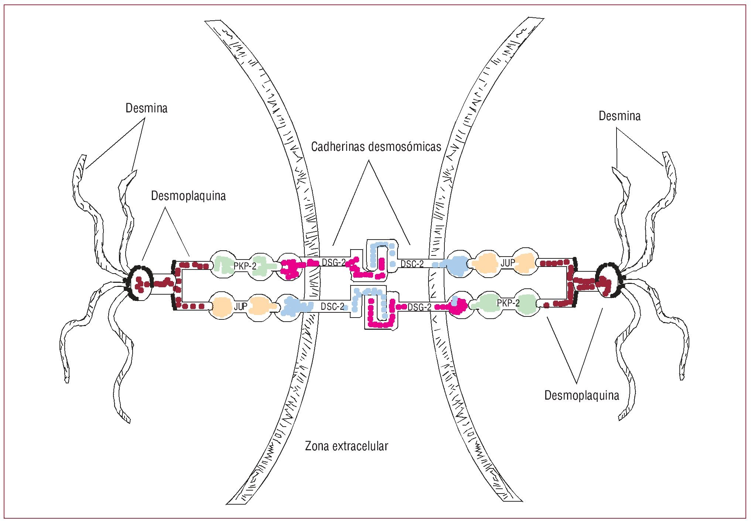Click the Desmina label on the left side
click(x=146, y=108)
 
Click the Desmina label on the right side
click(x=619, y=116)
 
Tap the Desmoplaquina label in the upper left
click(x=188, y=196)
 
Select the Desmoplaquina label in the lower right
click(x=581, y=396)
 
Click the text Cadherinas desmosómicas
click(x=376, y=147)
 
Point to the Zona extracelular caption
click(x=347, y=446)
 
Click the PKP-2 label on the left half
click(x=245, y=266)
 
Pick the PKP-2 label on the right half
click(x=508, y=303)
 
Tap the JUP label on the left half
click(x=240, y=306)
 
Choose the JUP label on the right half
click(x=508, y=263)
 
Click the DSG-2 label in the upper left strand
click(x=334, y=262)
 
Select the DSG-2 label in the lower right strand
click(x=419, y=307)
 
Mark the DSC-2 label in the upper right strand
click(x=412, y=264)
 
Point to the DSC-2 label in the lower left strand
click(x=332, y=306)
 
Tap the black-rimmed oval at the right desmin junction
click(x=609, y=280)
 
